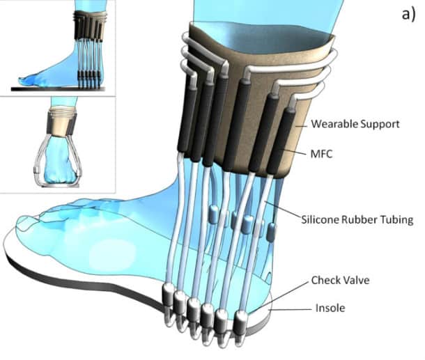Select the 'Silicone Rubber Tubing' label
coord(359,219)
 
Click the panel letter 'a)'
coord(408,15)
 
